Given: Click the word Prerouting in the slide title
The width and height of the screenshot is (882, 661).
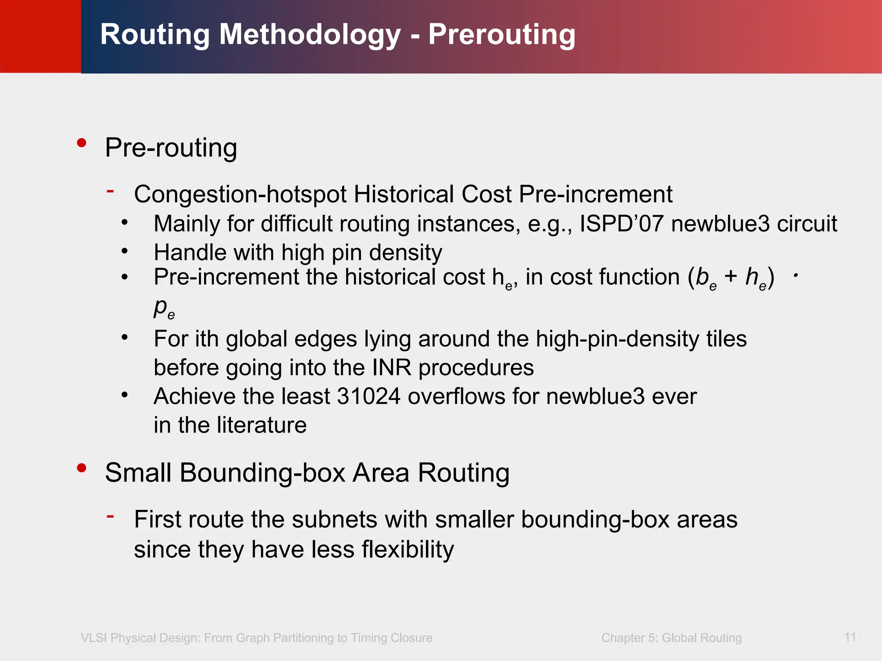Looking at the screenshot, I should coord(501,34).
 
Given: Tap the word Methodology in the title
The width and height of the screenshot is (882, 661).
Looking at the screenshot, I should coord(310,34).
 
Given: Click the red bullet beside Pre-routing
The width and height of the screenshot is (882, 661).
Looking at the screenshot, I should coord(81,143).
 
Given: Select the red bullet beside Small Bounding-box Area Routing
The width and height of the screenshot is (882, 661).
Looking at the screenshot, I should coord(81,468).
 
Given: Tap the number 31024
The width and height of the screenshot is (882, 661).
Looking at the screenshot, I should coord(369,396).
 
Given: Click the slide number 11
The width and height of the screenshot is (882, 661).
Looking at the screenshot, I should coord(850,637).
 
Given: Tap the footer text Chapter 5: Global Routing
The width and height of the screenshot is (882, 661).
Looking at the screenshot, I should coord(671,638).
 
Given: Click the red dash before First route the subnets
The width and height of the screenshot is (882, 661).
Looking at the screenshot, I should coord(111,516).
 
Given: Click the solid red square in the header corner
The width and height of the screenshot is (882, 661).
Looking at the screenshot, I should coord(40,36).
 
